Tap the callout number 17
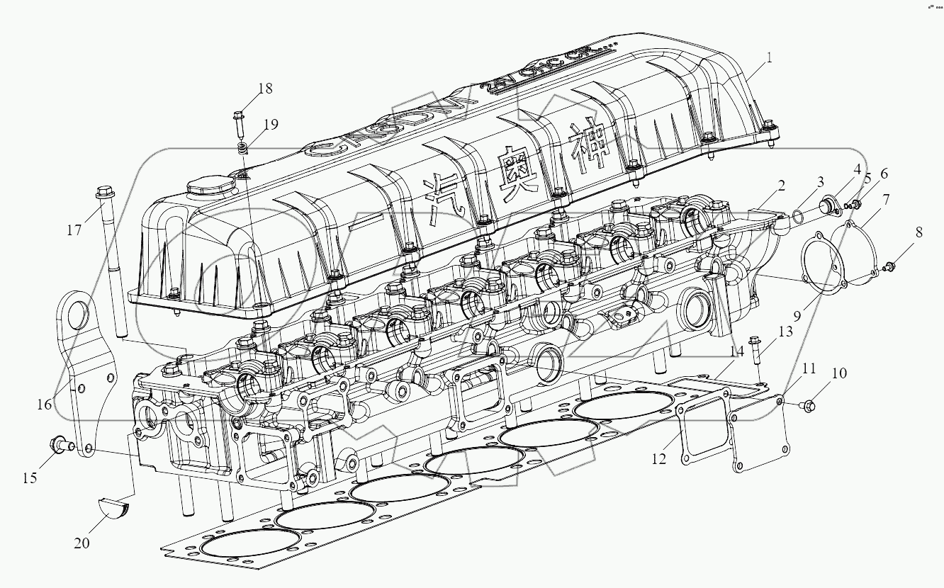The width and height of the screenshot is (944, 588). pos(74,230)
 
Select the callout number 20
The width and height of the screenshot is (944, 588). pos(82,543)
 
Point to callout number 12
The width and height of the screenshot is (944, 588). pos(659,459)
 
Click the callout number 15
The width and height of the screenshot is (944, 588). pos(29,477)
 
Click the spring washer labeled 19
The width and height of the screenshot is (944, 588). pos(242,149)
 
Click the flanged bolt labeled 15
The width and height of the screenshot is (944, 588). pos(59,445)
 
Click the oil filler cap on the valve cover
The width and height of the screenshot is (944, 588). pos(210,189)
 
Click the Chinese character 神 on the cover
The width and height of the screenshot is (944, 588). pos(585,147)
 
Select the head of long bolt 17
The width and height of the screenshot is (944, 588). pos(104,191)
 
